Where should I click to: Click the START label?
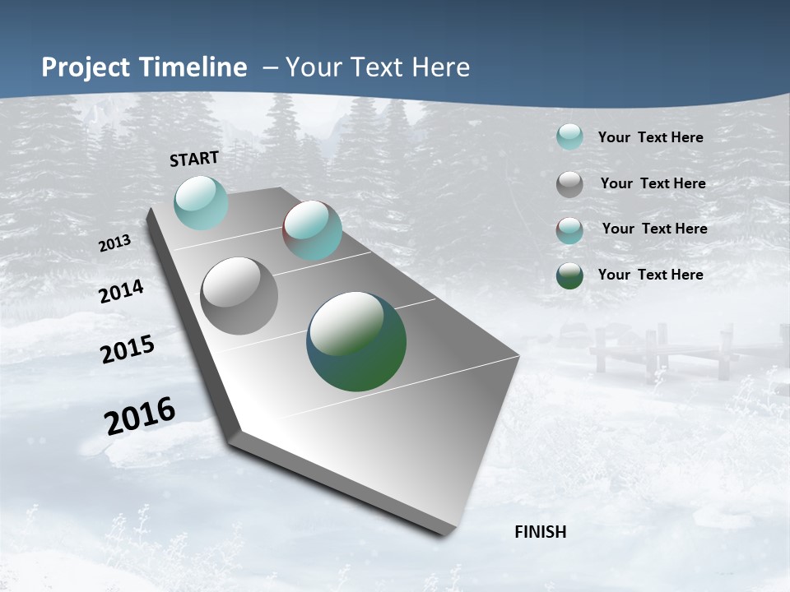click(194, 159)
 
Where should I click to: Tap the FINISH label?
click(540, 532)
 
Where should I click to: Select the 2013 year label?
click(115, 243)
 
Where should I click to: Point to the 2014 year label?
click(122, 292)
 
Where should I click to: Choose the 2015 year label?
click(128, 349)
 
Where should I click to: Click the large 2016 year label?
click(140, 416)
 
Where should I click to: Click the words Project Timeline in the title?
click(144, 67)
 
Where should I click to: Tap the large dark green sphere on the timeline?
click(356, 341)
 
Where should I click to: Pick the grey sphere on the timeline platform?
click(239, 296)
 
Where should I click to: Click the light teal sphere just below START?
click(201, 202)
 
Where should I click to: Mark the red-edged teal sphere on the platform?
click(312, 230)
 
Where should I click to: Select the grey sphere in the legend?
click(569, 184)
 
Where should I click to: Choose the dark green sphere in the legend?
click(569, 275)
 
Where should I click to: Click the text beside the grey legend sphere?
click(653, 183)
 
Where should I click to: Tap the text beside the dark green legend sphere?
click(650, 275)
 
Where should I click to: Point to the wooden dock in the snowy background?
click(658, 349)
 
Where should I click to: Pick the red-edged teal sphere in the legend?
click(569, 230)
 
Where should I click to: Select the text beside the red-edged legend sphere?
click(654, 229)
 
